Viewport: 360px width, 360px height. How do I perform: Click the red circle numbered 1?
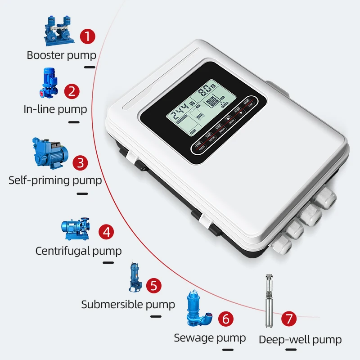point(87,36)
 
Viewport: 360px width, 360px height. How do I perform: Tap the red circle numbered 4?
point(106,232)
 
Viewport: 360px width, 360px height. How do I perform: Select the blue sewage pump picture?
point(199,310)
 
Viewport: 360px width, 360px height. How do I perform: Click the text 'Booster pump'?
point(62,55)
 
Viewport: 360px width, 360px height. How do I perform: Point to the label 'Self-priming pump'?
point(55,180)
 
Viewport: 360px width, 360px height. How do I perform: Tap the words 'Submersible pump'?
point(128,304)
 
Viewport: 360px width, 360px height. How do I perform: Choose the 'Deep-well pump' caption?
point(300,340)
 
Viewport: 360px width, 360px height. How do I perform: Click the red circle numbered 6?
point(226,319)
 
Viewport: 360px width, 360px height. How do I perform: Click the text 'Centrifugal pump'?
point(79,251)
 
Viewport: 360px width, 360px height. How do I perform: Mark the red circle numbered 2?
point(72,91)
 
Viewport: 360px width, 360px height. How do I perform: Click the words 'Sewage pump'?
point(210,337)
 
